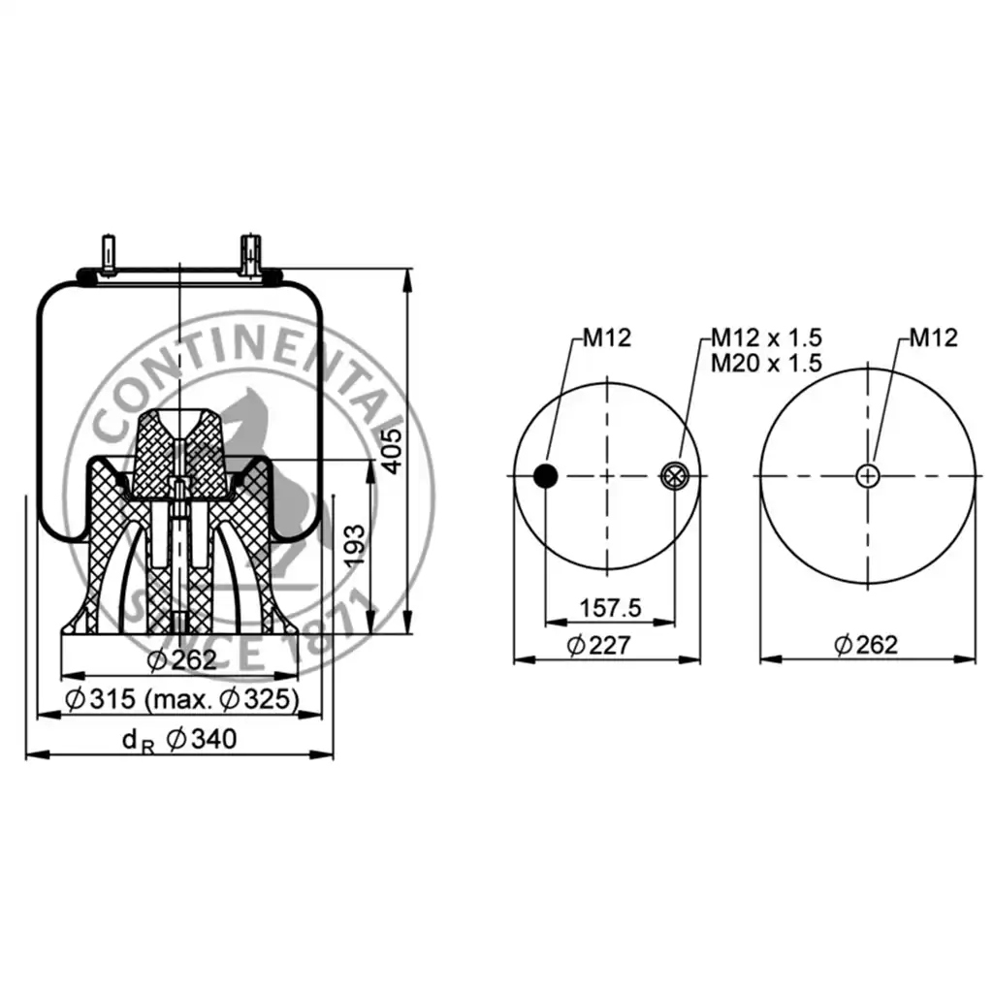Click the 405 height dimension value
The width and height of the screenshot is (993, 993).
coord(394,452)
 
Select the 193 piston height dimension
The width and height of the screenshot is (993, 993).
coord(355,545)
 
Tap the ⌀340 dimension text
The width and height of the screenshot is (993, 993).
coord(202,739)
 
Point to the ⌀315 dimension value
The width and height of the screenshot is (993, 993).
coord(100,699)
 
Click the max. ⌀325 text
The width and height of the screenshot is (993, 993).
coord(222,699)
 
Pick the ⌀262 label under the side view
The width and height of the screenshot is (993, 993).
coord(181,659)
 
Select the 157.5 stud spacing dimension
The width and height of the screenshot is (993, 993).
coord(611,608)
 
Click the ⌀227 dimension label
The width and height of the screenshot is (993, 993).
coord(599,645)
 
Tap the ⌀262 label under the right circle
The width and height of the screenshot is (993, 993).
coord(866,645)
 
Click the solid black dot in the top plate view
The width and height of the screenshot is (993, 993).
coord(545,475)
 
